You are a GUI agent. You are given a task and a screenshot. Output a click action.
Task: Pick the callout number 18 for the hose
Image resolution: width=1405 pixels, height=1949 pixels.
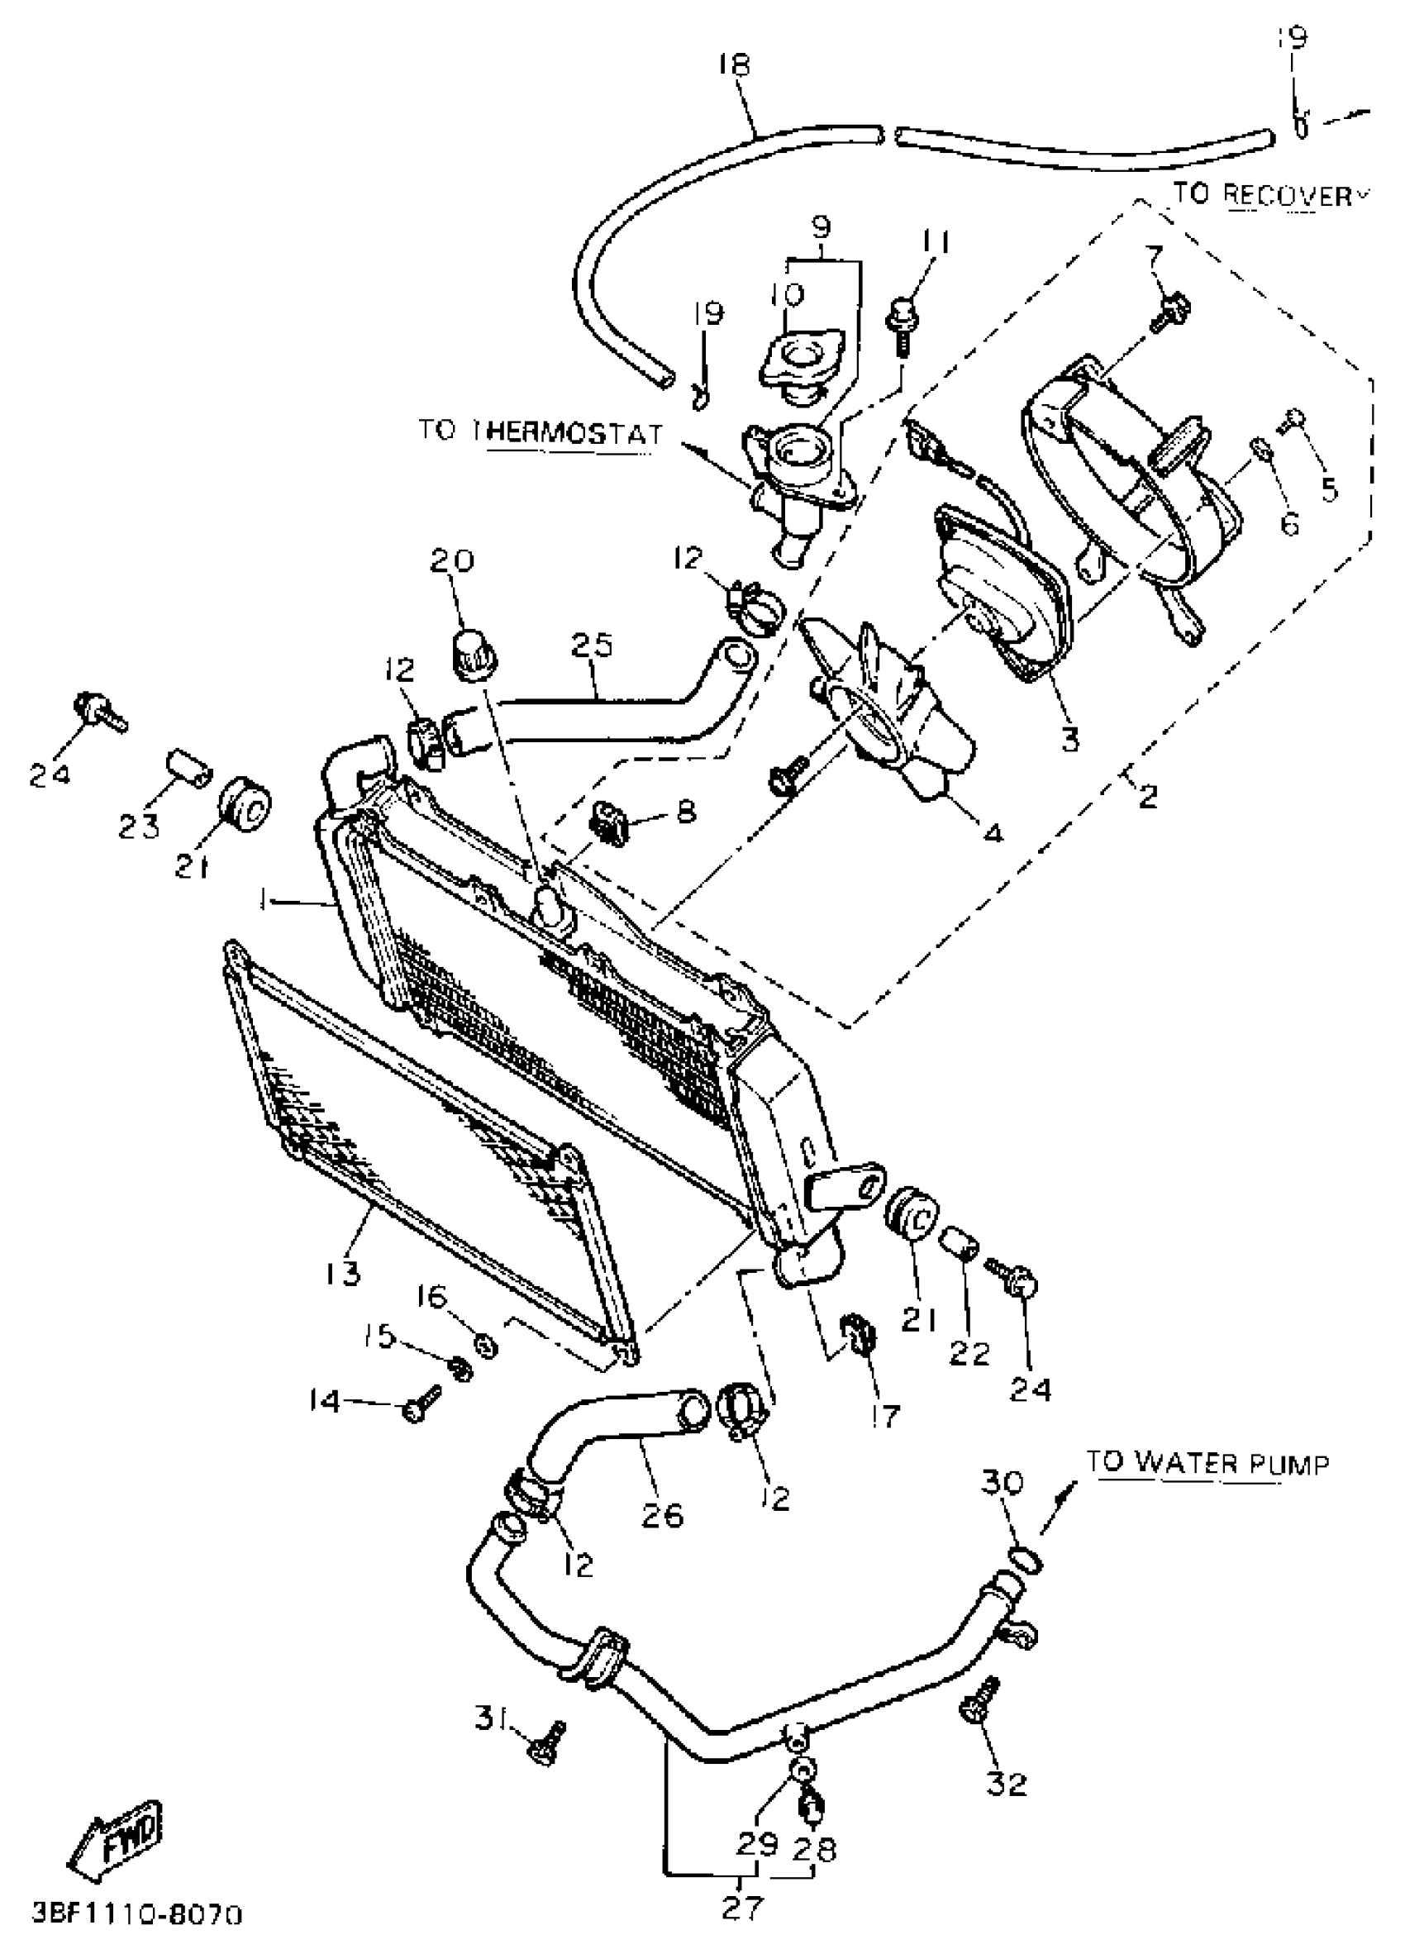735,65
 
